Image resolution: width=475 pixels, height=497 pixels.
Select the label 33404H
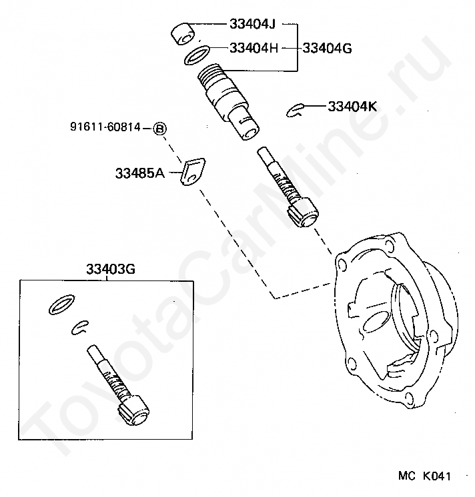[x=254, y=48]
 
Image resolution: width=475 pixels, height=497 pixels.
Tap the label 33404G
[x=327, y=48]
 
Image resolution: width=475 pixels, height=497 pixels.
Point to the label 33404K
[x=352, y=106]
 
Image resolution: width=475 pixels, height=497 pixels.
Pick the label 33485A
[x=139, y=173]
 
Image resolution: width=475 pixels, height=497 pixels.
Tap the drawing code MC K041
[x=425, y=477]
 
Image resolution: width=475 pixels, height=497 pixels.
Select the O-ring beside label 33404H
[x=197, y=55]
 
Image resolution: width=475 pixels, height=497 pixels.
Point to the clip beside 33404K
[x=296, y=111]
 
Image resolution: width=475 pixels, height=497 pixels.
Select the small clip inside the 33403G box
[x=81, y=326]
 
